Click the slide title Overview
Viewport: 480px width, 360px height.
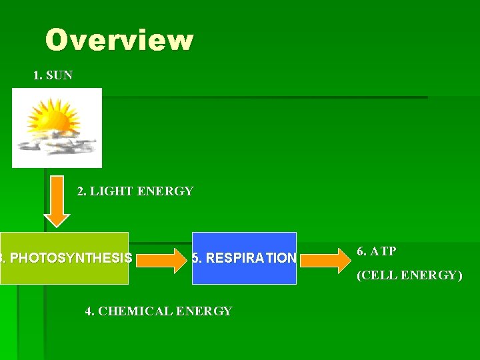tap(119, 41)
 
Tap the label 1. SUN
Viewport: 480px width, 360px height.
tap(53, 75)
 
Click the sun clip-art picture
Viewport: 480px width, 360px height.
tap(57, 127)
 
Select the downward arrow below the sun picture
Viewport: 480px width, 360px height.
tap(57, 201)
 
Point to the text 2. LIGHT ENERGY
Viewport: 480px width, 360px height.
tap(135, 192)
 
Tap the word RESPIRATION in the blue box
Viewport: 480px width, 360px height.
tap(251, 258)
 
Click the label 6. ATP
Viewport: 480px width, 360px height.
tap(377, 251)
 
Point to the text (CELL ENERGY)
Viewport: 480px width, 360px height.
tap(409, 275)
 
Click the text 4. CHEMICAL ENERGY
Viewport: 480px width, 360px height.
tap(159, 311)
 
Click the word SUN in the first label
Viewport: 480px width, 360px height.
tap(59, 75)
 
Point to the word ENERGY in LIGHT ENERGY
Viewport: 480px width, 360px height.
tap(165, 192)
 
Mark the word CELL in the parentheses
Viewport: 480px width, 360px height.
tap(378, 275)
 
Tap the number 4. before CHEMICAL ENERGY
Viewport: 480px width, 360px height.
tap(90, 311)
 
